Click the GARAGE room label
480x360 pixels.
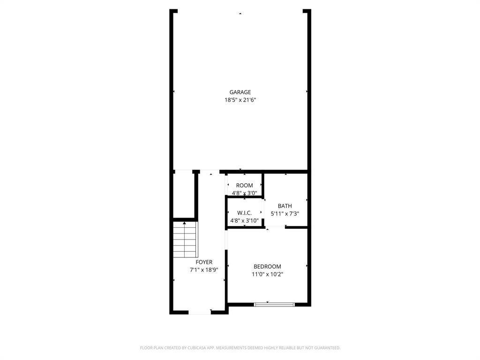click(240, 92)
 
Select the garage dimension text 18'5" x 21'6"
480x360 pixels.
click(240, 100)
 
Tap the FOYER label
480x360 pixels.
click(204, 262)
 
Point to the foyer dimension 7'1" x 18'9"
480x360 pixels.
click(204, 270)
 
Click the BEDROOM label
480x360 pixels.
click(267, 267)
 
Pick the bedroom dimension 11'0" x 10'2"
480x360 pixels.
click(267, 274)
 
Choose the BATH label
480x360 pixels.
click(285, 206)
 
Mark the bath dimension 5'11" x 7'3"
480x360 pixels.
click(285, 214)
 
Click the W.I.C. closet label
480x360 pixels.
click(244, 213)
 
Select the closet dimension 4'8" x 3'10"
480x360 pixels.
click(244, 220)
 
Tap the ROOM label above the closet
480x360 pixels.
click(244, 186)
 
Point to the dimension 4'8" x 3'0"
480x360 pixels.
click(244, 193)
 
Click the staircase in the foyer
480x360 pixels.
click(185, 239)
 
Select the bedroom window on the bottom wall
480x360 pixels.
click(274, 305)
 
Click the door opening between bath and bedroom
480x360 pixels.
click(276, 227)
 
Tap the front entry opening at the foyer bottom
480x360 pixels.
click(200, 312)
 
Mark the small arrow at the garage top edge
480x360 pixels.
click(240, 14)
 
